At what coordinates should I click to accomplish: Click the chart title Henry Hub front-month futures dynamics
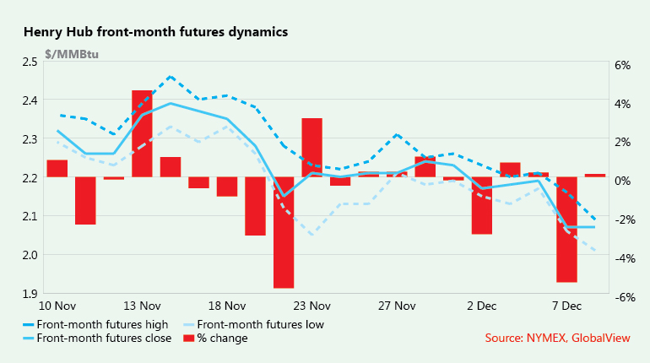pyautogui.click(x=156, y=32)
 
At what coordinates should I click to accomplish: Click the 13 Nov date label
pyautogui.click(x=142, y=306)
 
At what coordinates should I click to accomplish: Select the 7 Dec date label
pyautogui.click(x=566, y=306)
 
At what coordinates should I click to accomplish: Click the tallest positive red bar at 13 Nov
pyautogui.click(x=142, y=133)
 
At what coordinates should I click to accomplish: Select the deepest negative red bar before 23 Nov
pyautogui.click(x=283, y=232)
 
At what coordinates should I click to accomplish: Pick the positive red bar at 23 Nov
pyautogui.click(x=311, y=148)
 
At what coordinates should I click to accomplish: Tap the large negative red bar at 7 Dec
pyautogui.click(x=566, y=229)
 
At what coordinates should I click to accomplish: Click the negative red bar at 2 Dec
pyautogui.click(x=481, y=205)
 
